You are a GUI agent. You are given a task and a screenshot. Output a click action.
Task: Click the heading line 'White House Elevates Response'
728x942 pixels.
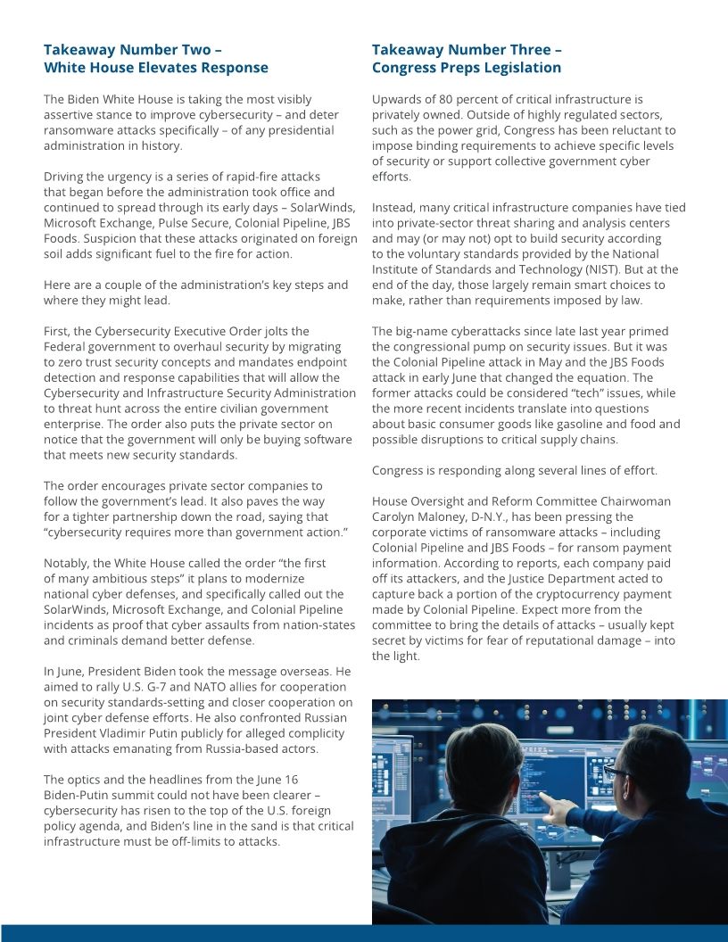click(x=156, y=68)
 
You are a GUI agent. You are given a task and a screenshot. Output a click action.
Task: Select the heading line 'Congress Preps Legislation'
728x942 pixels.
click(x=467, y=68)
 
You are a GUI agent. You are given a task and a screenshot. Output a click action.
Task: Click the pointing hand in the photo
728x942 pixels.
click(x=554, y=810)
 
